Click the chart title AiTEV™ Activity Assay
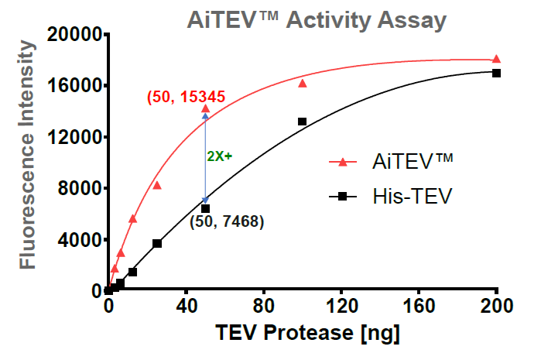317,19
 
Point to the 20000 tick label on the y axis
74,34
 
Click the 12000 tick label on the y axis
74,137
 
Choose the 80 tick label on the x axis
264,306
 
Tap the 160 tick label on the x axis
419,306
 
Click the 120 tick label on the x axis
341,306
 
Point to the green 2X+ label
220,156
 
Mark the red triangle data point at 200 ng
496,59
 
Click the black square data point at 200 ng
496,73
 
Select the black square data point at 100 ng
302,122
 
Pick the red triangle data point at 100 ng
303,83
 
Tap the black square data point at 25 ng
157,243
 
